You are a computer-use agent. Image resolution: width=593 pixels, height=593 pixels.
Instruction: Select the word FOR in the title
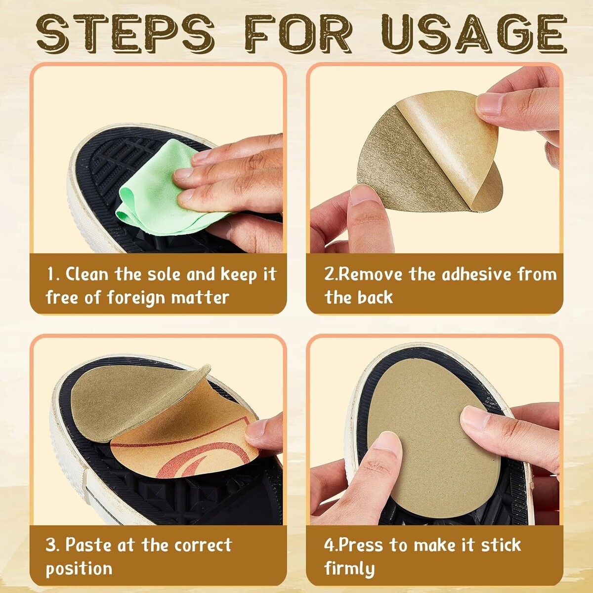click(x=299, y=34)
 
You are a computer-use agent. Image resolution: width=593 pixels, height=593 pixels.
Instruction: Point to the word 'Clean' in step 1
click(x=87, y=274)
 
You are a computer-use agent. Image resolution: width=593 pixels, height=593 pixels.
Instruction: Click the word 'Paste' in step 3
click(x=88, y=545)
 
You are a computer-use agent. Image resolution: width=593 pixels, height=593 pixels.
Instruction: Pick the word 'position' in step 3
click(x=79, y=569)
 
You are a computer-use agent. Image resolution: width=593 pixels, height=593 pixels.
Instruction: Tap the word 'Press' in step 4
click(x=362, y=545)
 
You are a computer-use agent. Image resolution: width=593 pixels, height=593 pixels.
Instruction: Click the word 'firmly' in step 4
click(x=349, y=569)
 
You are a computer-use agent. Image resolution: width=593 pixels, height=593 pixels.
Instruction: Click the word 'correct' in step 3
click(x=203, y=545)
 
